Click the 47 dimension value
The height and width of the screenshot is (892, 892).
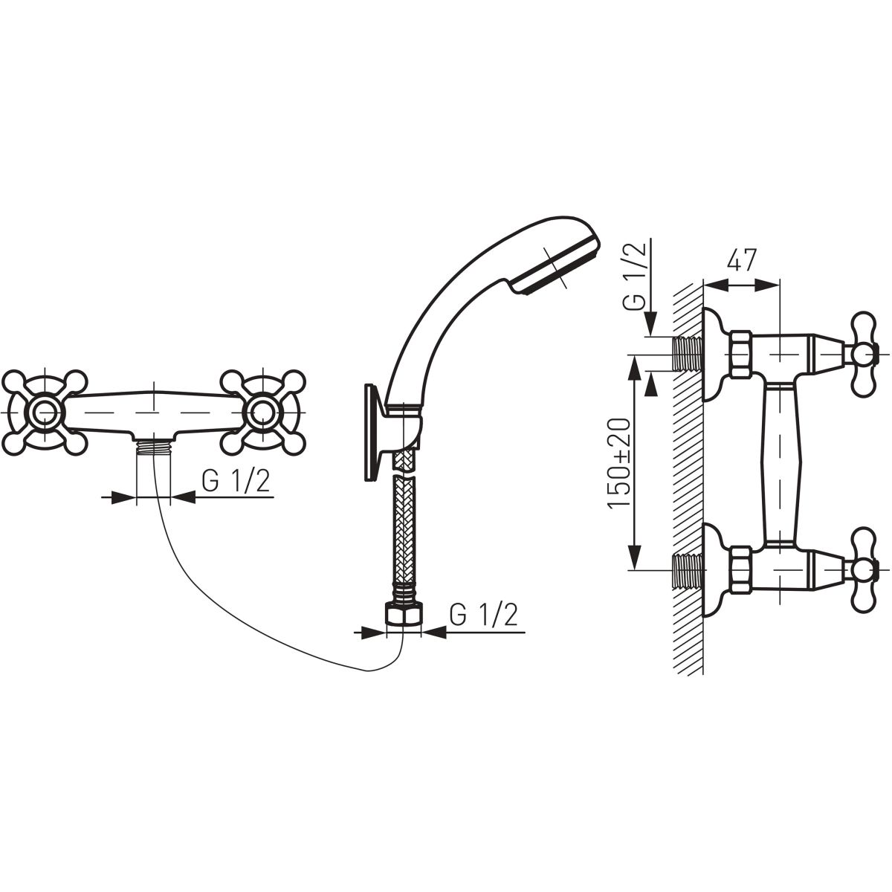click(741, 260)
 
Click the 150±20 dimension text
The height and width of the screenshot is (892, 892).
click(621, 463)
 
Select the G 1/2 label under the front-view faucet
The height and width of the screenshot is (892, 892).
click(235, 482)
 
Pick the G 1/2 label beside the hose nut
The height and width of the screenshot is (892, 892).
click(483, 615)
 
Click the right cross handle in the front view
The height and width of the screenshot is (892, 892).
click(263, 410)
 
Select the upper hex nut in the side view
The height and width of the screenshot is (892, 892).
click(740, 353)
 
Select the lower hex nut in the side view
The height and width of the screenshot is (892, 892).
click(740, 569)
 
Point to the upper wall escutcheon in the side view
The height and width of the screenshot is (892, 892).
click(715, 353)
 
